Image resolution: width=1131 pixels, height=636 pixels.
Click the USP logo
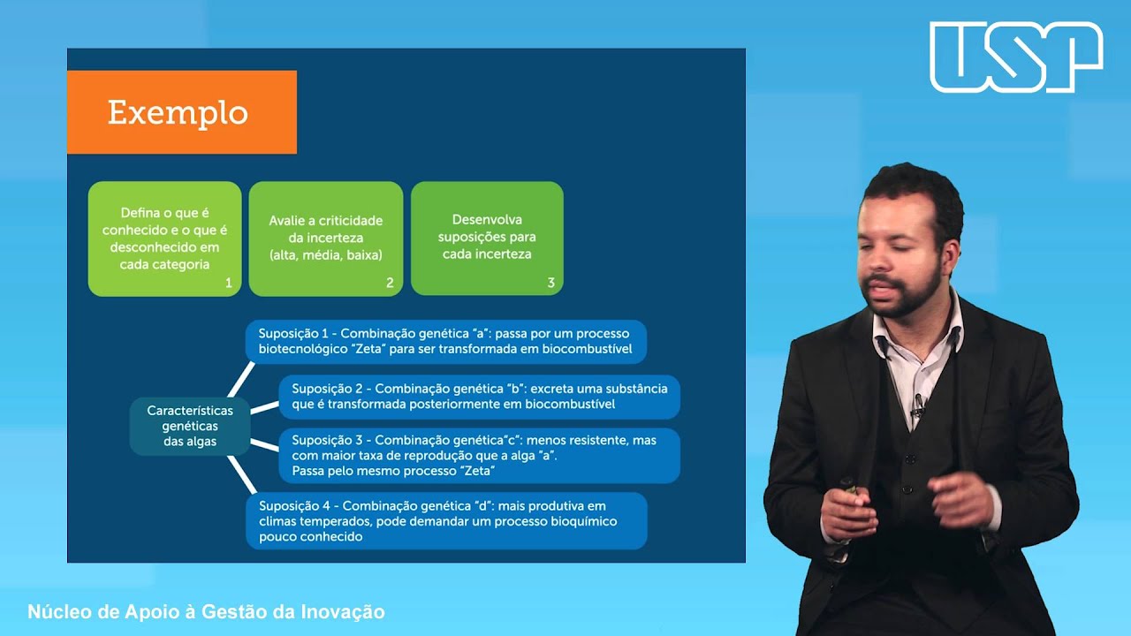tap(1016, 57)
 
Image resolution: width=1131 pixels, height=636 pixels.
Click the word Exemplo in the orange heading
tap(178, 113)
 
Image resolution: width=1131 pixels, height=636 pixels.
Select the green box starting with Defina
tap(164, 238)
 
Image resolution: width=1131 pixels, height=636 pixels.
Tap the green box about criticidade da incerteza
tap(325, 238)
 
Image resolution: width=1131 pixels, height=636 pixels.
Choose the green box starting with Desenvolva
tap(487, 238)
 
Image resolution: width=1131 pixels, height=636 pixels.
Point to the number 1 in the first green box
tap(228, 284)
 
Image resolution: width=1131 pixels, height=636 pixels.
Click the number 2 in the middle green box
tap(390, 284)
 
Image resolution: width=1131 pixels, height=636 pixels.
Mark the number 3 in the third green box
tap(550, 284)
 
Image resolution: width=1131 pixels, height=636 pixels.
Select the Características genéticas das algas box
tap(190, 426)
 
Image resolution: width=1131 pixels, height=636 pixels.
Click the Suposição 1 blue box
tap(445, 342)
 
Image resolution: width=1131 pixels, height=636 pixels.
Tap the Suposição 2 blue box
tap(479, 397)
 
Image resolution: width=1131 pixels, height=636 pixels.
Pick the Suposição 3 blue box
tap(479, 455)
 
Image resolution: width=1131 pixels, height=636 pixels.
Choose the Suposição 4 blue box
tap(445, 521)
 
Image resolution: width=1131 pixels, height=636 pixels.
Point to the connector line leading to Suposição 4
tap(240, 473)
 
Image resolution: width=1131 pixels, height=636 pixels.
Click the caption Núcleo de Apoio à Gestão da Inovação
tap(207, 612)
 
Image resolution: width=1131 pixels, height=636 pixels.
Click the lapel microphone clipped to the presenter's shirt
tap(918, 405)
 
